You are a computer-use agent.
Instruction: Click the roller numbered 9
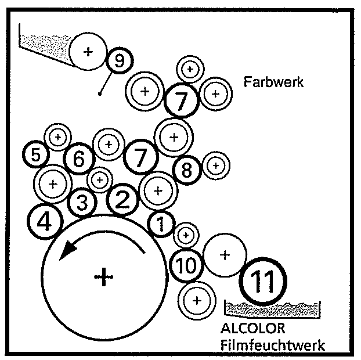(119, 60)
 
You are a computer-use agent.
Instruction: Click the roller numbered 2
(122, 200)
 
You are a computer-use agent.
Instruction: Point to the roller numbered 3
(82, 203)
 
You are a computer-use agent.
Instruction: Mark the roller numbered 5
(36, 155)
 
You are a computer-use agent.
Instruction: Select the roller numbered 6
(79, 158)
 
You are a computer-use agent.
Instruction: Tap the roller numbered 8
(186, 171)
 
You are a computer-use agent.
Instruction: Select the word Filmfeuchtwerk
(272, 345)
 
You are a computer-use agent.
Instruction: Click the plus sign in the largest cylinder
(103, 277)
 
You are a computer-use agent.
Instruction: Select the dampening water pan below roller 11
(273, 308)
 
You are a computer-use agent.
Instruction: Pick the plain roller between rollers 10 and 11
(225, 255)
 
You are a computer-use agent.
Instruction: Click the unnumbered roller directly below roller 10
(196, 300)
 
